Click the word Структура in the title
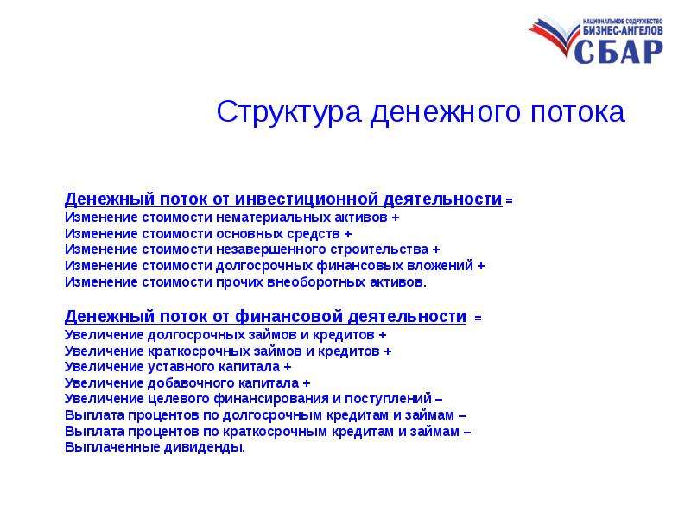tap(288, 112)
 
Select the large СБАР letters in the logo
tap(618, 52)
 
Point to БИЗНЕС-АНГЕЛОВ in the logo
tap(623, 30)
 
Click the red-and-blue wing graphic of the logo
tap(553, 35)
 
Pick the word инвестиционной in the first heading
tap(307, 199)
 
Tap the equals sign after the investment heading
tap(509, 201)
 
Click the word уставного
tap(186, 367)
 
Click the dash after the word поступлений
tap(439, 400)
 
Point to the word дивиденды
tap(203, 447)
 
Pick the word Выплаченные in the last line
tap(112, 447)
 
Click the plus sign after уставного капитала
tap(288, 368)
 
